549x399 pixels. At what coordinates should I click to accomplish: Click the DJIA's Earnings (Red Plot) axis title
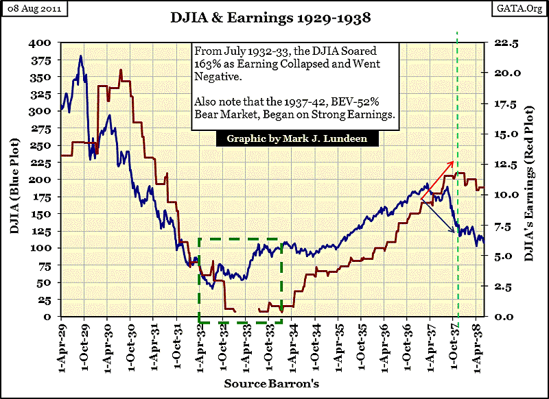528,180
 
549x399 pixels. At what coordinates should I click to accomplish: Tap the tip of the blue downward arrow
455,234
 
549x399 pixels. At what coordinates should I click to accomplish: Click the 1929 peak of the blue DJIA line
81,56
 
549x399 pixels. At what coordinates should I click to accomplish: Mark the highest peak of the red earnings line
121,70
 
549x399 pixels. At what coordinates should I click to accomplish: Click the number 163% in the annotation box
208,66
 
